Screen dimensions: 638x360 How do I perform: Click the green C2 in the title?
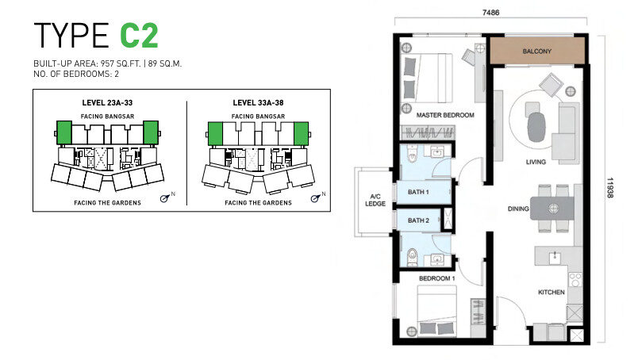pyautogui.click(x=139, y=36)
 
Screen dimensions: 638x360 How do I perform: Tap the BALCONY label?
pyautogui.click(x=536, y=52)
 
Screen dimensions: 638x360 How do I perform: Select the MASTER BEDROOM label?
pyautogui.click(x=445, y=115)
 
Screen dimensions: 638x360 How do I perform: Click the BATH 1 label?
pyautogui.click(x=418, y=192)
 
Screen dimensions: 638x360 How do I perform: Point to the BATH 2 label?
pyautogui.click(x=418, y=220)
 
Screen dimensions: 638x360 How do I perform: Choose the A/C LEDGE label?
pyautogui.click(x=375, y=200)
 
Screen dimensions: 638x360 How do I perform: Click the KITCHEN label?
pyautogui.click(x=551, y=292)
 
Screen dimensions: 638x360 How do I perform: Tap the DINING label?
pyautogui.click(x=518, y=209)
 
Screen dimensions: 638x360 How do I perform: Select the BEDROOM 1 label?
pyautogui.click(x=436, y=278)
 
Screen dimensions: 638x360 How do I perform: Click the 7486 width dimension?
pyautogui.click(x=490, y=13)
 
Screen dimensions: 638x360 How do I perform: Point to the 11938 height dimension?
pyautogui.click(x=609, y=187)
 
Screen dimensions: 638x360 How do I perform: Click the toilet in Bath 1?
pyautogui.click(x=411, y=153)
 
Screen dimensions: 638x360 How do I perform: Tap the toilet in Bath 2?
pyautogui.click(x=412, y=255)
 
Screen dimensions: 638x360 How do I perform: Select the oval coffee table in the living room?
pyautogui.click(x=536, y=127)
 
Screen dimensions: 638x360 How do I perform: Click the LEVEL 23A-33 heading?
pyautogui.click(x=107, y=103)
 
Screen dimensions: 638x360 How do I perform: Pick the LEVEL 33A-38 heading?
pyautogui.click(x=258, y=103)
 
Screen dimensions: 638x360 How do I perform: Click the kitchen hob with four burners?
pyautogui.click(x=575, y=280)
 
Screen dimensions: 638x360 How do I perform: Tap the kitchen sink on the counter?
pyautogui.click(x=554, y=257)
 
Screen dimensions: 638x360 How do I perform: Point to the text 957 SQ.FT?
pyautogui.click(x=121, y=63)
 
